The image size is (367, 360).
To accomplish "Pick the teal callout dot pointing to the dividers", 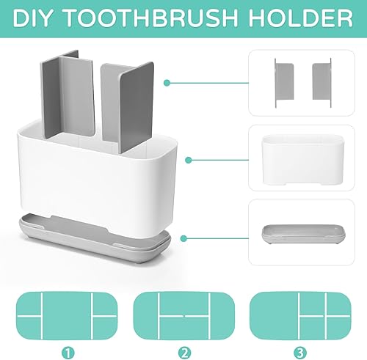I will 167,82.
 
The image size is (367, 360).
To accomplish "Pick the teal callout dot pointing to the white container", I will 189,159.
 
